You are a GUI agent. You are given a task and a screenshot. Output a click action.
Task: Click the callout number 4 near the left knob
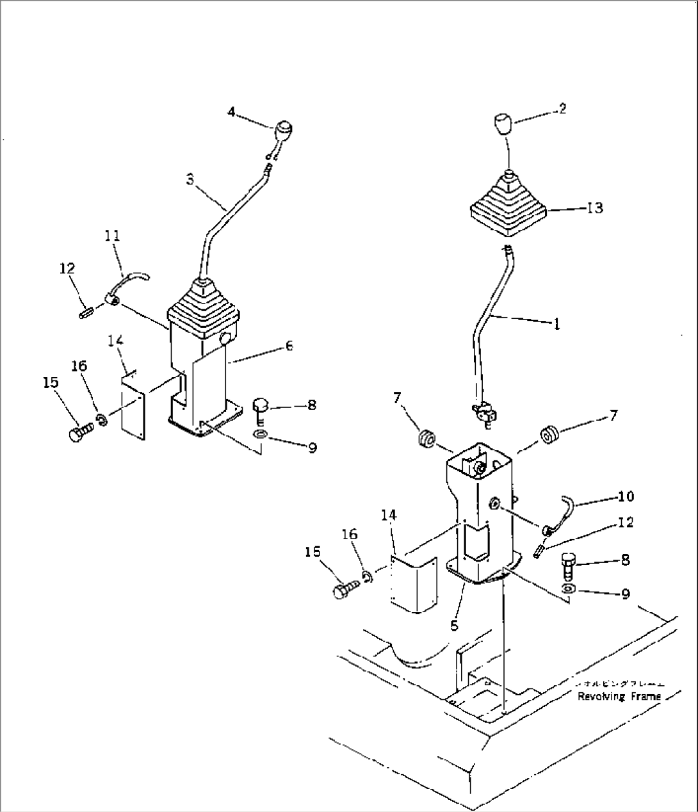point(232,112)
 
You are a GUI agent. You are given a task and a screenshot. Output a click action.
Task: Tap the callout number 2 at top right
point(562,109)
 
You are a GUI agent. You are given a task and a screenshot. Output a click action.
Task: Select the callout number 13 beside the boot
point(595,208)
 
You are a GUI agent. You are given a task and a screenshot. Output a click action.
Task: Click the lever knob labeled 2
point(504,123)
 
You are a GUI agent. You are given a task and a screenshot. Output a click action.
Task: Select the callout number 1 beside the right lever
point(556,324)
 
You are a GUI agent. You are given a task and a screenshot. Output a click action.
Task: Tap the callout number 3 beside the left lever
point(190,180)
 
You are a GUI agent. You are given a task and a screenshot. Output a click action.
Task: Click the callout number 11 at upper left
point(112,236)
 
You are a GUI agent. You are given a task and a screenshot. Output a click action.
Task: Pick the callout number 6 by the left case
point(289,346)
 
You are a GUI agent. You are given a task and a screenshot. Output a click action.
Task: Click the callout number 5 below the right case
point(454,625)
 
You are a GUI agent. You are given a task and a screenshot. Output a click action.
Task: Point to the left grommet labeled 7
point(426,440)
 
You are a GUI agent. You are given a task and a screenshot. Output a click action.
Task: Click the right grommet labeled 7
point(548,435)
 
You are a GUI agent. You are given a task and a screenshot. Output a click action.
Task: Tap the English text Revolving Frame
point(619,696)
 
